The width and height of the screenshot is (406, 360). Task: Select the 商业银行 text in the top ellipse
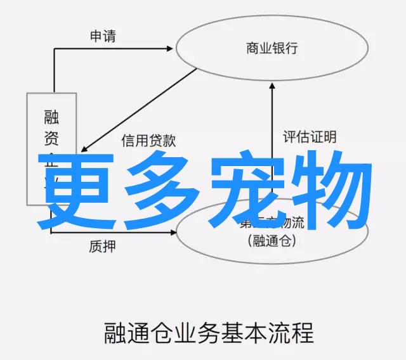point(272,48)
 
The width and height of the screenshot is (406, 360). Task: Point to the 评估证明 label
point(310,136)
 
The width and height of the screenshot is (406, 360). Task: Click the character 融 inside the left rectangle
point(51,117)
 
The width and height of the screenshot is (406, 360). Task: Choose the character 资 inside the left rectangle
point(51,139)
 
